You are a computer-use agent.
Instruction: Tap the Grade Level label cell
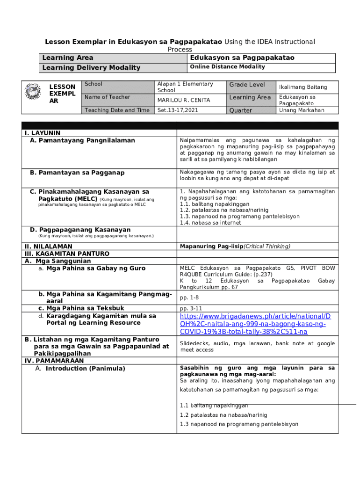pyautogui.click(x=247, y=85)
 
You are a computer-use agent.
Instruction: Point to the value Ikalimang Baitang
pyautogui.click(x=303, y=87)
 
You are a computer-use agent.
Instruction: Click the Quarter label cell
pyautogui.click(x=240, y=111)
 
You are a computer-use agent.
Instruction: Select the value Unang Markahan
pyautogui.click(x=302, y=110)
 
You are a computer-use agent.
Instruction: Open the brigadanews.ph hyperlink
pyautogui.click(x=255, y=324)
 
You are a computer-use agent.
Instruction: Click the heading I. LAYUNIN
pyautogui.click(x=43, y=133)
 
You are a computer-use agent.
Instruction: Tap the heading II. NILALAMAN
pyautogui.click(x=48, y=246)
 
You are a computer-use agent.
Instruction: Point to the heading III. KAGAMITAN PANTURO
pyautogui.click(x=66, y=254)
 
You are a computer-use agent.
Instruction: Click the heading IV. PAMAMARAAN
pyautogui.click(x=54, y=361)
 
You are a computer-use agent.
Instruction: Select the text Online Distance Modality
pyautogui.click(x=227, y=67)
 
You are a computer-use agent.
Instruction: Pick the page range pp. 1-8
pyautogui.click(x=189, y=298)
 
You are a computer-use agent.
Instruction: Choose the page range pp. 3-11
pyautogui.click(x=191, y=308)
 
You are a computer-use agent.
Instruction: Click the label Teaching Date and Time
pyautogui.click(x=117, y=110)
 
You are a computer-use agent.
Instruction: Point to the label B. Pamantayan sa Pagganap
pyautogui.click(x=77, y=173)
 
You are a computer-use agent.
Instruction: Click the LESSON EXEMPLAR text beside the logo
pyautogui.click(x=62, y=94)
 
